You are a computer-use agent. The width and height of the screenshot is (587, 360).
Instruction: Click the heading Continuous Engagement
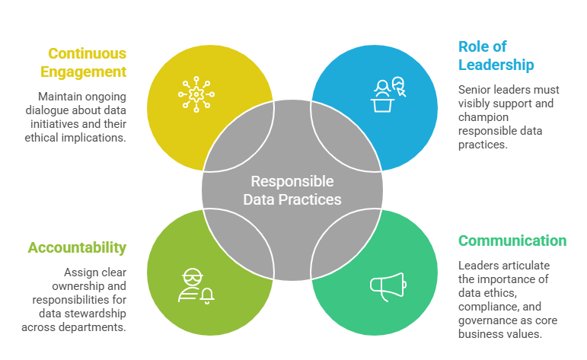[87, 63]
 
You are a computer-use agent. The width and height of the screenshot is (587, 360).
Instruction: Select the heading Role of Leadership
[496, 56]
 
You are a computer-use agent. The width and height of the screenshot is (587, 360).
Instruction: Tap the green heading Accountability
[77, 248]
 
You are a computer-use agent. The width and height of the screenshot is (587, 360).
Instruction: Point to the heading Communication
[512, 241]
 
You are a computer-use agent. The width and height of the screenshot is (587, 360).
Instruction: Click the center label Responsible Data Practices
[292, 190]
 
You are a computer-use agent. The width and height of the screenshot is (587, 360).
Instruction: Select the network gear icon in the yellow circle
[196, 94]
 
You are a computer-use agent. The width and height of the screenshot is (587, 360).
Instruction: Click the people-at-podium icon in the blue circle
[389, 95]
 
